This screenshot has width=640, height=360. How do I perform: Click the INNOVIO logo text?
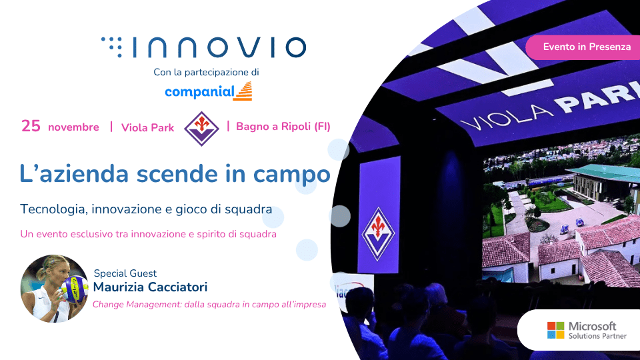pos(220,47)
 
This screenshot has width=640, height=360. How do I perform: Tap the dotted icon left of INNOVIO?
pos(112,47)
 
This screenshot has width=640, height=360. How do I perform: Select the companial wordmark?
pos(199,92)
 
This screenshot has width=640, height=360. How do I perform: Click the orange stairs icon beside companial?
pos(243,91)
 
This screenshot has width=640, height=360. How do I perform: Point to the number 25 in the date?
pos(31,126)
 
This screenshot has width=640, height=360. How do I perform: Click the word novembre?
pos(73,127)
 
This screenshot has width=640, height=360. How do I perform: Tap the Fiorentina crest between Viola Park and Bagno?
pos(201,129)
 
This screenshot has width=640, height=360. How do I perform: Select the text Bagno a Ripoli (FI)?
pos(283,127)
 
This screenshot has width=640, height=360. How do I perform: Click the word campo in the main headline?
pos(291,175)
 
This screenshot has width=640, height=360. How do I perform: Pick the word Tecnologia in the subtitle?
pos(53,209)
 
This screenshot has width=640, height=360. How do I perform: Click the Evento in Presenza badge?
pos(584,47)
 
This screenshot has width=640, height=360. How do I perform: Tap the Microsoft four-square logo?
pos(555,330)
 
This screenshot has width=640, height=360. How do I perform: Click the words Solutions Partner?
pos(597,336)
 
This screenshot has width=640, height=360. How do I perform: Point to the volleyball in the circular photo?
pos(75,289)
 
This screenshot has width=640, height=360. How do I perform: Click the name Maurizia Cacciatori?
pos(150,287)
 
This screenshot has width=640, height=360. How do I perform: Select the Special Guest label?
pos(125,273)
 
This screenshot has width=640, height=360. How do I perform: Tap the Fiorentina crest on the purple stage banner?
pos(378,234)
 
